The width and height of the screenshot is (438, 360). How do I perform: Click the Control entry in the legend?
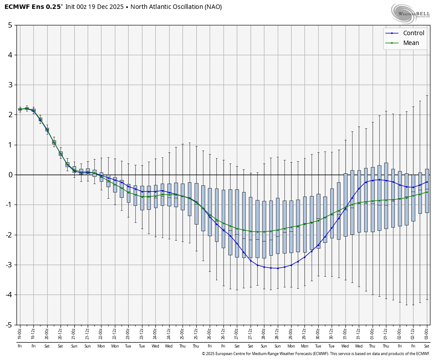click(x=413, y=33)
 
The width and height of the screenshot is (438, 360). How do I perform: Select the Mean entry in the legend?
click(x=411, y=43)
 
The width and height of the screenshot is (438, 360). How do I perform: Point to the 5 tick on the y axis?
click(x=10, y=25)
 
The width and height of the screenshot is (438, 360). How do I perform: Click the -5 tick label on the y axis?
click(x=8, y=325)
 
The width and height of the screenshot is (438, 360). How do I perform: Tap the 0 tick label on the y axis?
click(x=10, y=175)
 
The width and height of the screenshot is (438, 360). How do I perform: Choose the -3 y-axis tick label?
click(x=8, y=265)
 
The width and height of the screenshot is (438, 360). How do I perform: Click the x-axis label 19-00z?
click(x=20, y=332)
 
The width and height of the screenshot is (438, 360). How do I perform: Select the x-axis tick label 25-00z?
click(x=182, y=332)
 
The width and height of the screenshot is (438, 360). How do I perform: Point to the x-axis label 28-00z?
click(x=264, y=332)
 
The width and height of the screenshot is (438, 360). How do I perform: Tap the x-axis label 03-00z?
click(x=427, y=332)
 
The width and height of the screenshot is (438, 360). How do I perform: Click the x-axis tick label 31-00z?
click(x=345, y=332)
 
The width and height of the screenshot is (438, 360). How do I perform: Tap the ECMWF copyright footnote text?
click(x=316, y=354)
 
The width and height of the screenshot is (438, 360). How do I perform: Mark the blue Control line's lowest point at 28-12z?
click(x=277, y=268)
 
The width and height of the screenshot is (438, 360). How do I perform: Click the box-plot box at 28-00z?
click(x=264, y=229)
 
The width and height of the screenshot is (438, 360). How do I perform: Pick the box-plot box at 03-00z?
click(x=427, y=191)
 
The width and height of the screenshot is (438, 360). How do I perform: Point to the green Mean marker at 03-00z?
click(x=427, y=192)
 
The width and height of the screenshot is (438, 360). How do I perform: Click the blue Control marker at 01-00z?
click(x=373, y=180)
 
